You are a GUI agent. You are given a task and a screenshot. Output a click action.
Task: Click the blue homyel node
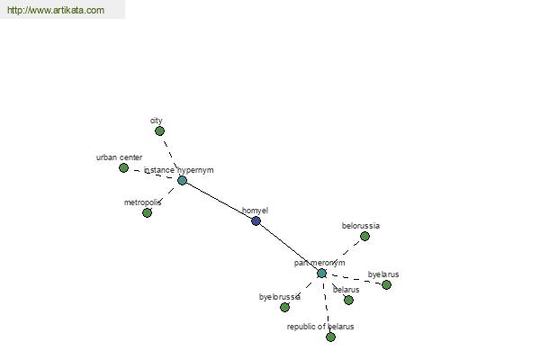pyautogui.click(x=256, y=220)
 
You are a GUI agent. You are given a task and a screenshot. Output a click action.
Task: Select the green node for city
pyautogui.click(x=159, y=130)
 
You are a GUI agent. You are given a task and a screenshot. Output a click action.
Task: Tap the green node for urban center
pyautogui.click(x=123, y=167)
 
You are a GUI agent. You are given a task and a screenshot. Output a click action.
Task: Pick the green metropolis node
pyautogui.click(x=147, y=212)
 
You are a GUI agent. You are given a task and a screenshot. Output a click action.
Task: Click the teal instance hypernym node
pyautogui.click(x=182, y=180)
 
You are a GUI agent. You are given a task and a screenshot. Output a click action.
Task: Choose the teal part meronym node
pyautogui.click(x=321, y=273)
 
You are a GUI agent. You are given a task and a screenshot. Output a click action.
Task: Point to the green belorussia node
pyautogui.click(x=364, y=236)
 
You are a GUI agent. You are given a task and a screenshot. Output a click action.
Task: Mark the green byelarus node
pyautogui.click(x=386, y=284)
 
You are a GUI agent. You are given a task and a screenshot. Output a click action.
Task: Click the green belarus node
pyautogui.click(x=348, y=300)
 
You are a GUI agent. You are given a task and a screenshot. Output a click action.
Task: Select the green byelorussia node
pyautogui.click(x=284, y=307)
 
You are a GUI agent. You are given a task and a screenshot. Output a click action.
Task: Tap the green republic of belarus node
pyautogui.click(x=330, y=337)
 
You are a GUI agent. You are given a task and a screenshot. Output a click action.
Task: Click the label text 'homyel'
pyautogui.click(x=255, y=211)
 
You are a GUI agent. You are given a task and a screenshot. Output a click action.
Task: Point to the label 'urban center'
pyautogui.click(x=119, y=157)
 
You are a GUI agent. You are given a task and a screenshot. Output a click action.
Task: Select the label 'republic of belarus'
pyautogui.click(x=320, y=327)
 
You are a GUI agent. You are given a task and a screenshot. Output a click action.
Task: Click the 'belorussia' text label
pyautogui.click(x=361, y=226)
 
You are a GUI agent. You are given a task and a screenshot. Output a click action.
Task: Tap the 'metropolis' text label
pyautogui.click(x=142, y=202)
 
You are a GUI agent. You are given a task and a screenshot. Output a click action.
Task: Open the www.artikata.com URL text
pyautogui.click(x=55, y=11)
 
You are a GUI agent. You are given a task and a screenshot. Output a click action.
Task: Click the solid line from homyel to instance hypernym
pyautogui.click(x=219, y=201)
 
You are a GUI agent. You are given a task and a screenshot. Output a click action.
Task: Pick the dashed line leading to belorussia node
pyautogui.click(x=343, y=255)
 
